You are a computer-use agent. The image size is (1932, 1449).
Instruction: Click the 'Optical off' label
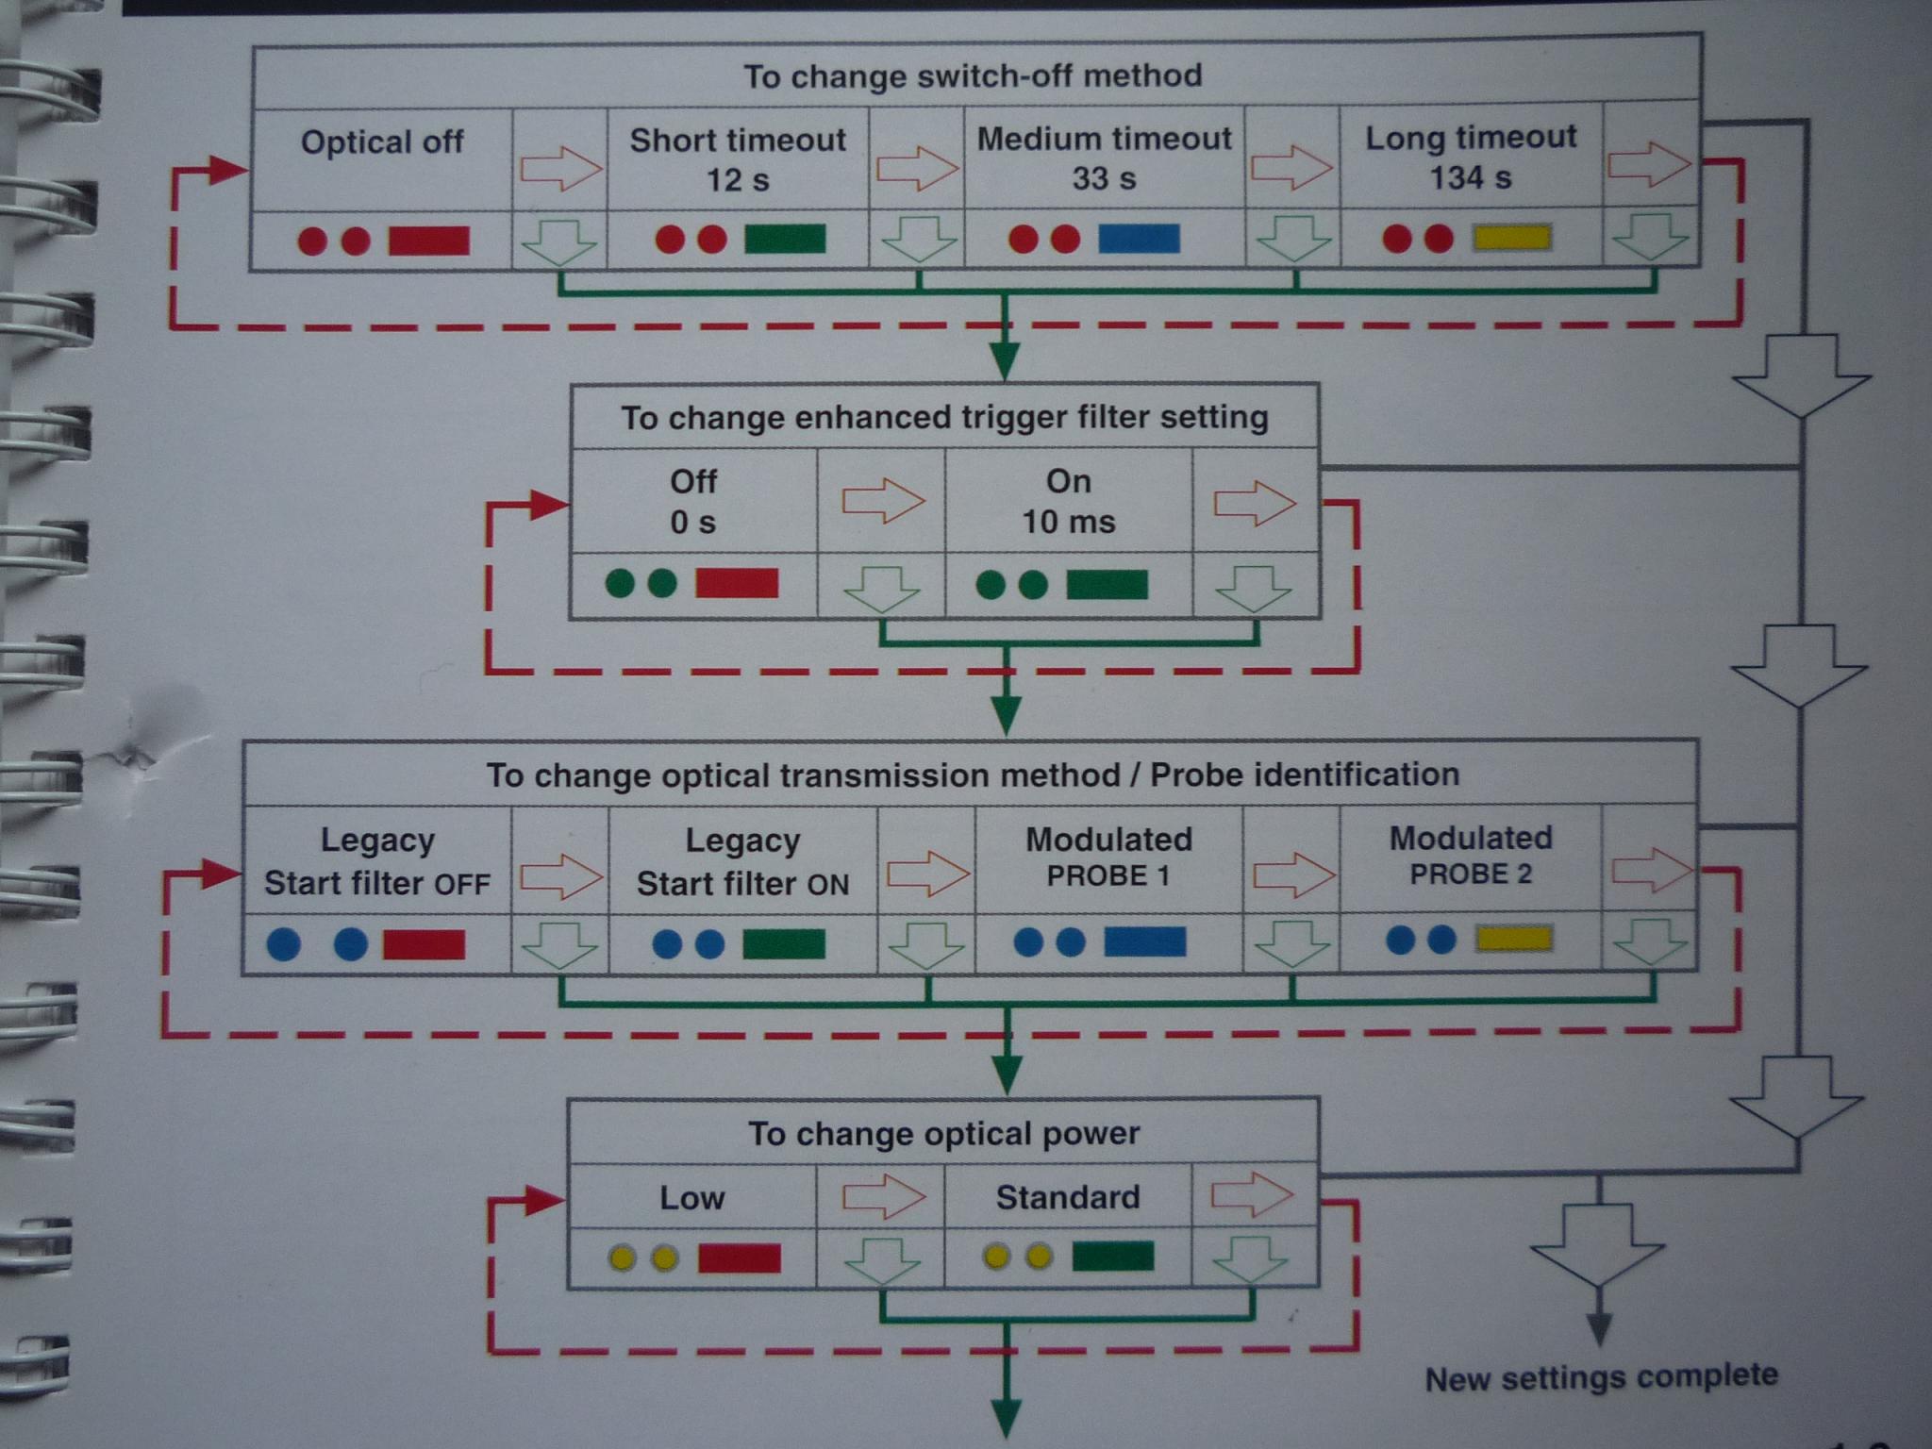(381, 142)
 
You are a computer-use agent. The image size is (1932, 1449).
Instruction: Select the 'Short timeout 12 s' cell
(738, 158)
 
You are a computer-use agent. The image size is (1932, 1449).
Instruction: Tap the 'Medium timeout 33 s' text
(1104, 158)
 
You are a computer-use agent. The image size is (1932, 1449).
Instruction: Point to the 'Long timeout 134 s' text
(1471, 157)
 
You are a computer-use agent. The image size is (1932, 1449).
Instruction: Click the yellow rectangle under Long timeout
(1512, 237)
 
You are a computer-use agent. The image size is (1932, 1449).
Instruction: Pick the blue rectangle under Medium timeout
(1139, 238)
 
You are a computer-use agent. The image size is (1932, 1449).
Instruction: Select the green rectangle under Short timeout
(785, 239)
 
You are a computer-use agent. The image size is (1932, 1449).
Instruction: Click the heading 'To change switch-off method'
(973, 75)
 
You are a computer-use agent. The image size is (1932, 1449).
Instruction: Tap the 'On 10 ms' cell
(1069, 501)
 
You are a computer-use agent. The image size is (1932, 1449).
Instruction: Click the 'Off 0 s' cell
(693, 501)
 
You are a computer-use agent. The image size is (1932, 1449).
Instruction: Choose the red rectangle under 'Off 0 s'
(737, 583)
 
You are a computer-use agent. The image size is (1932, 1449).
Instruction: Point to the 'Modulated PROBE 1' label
(1108, 857)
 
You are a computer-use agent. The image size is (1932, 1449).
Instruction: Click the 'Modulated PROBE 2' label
(1471, 855)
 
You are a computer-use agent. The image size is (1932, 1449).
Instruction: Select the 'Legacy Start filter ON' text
(742, 861)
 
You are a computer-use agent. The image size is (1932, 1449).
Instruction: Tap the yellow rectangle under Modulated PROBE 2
(1513, 939)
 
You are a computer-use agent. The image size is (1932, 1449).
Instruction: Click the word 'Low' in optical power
(691, 1198)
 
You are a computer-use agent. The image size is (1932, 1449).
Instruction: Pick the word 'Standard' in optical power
(1068, 1197)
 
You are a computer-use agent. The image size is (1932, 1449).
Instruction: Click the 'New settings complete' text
(1601, 1377)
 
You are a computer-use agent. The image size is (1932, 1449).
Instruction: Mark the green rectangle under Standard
(1113, 1257)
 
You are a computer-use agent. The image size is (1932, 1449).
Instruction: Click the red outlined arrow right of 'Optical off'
(560, 169)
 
